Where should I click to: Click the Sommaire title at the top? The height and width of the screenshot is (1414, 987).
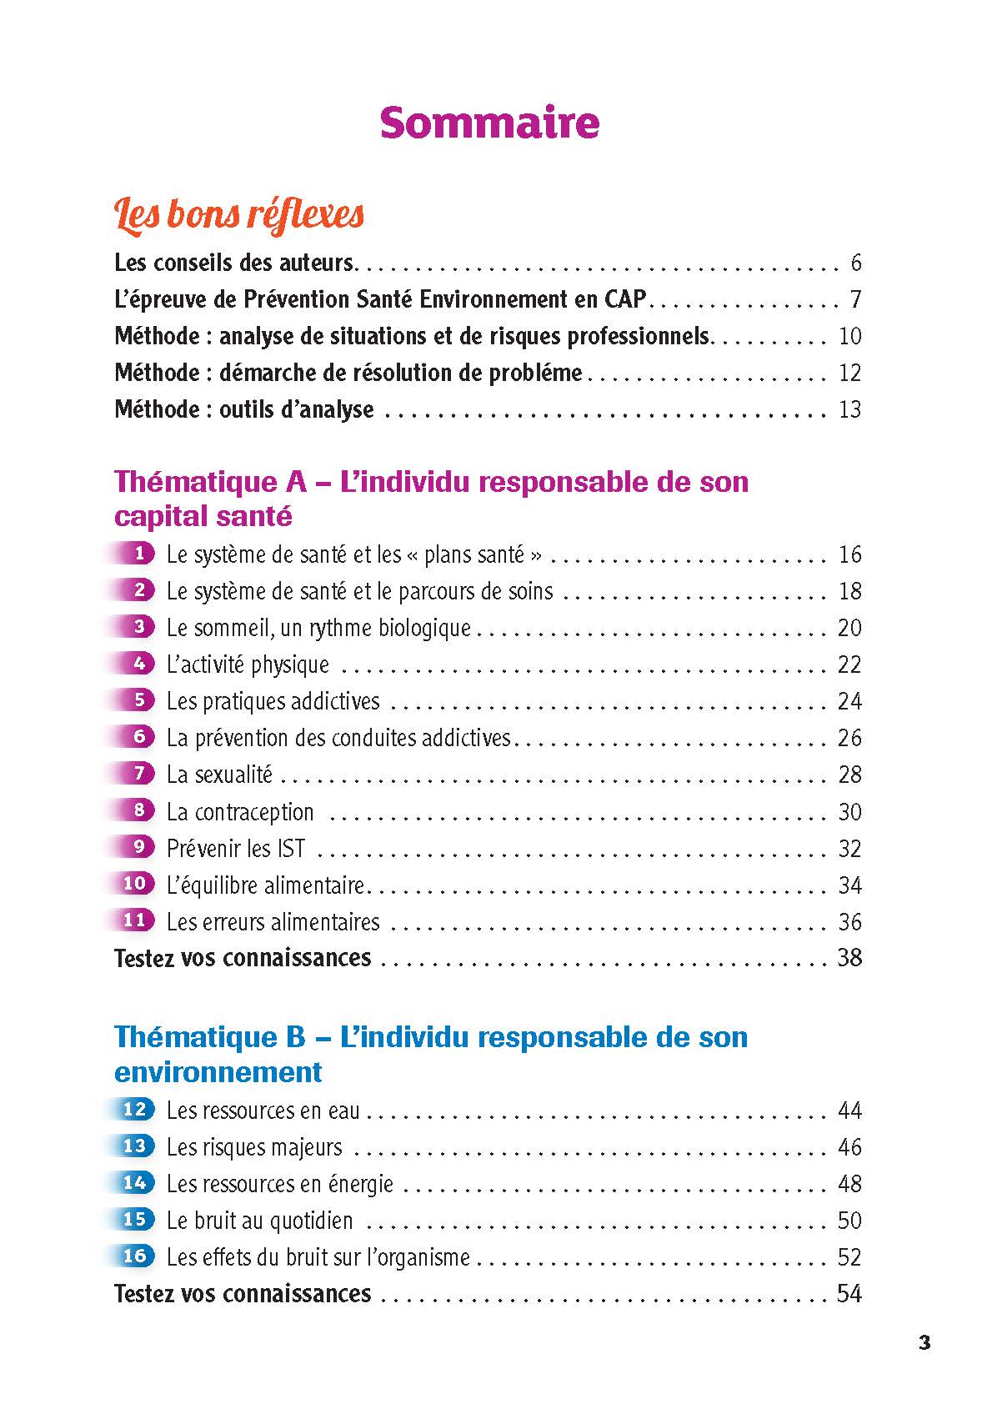(489, 123)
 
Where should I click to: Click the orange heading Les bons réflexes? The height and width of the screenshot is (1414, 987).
(239, 214)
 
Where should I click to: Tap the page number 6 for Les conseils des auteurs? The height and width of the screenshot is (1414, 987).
(855, 263)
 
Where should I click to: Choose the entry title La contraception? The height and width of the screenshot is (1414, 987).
(240, 811)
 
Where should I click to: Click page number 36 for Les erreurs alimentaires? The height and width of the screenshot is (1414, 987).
(849, 921)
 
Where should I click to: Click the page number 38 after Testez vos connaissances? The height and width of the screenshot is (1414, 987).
(849, 957)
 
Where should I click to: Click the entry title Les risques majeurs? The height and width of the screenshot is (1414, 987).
(254, 1147)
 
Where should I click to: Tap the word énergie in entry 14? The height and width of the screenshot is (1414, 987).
(361, 1184)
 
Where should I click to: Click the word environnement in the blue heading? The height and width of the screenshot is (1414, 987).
(218, 1071)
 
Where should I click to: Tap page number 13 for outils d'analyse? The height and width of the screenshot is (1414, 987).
(849, 409)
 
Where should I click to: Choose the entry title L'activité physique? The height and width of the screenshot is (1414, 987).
(248, 664)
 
